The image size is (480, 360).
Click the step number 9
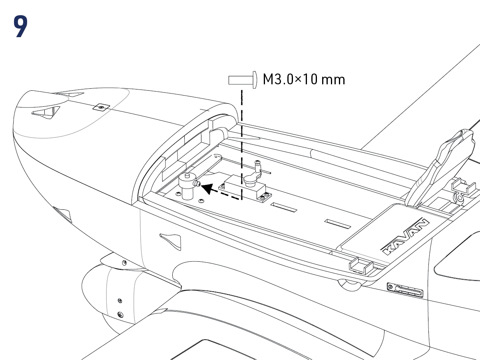pyautogui.click(x=21, y=27)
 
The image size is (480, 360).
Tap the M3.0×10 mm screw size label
pyautogui.click(x=304, y=79)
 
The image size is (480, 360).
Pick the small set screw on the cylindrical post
pyautogui.click(x=196, y=183)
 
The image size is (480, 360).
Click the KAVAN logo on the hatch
pyautogui.click(x=405, y=237)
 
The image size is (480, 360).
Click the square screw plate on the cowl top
pyautogui.click(x=101, y=107)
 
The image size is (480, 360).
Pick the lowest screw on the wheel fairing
pyautogui.click(x=121, y=315)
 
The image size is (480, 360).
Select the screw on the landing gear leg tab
pyautogui.click(x=125, y=262)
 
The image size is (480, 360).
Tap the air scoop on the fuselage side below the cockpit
pyautogui.click(x=170, y=239)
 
